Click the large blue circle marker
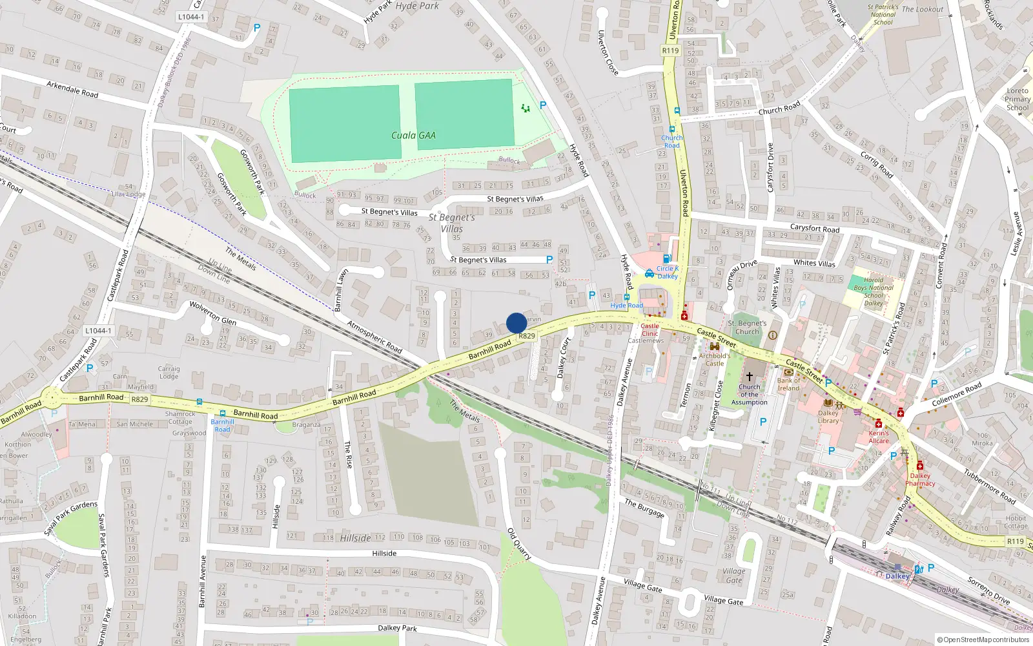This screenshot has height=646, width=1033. click(x=516, y=323)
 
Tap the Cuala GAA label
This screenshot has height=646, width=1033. click(x=413, y=136)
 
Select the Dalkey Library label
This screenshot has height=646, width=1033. click(x=828, y=417)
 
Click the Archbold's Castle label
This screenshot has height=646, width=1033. click(x=715, y=359)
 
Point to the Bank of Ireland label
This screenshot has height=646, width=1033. click(x=788, y=384)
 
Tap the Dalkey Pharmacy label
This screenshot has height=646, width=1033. click(x=920, y=479)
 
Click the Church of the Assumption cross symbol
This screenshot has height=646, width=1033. click(x=750, y=376)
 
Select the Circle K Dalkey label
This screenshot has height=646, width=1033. click(x=668, y=272)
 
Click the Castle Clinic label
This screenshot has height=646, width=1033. click(x=650, y=329)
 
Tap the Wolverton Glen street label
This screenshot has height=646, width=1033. click(x=212, y=313)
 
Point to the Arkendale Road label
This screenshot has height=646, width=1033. click(x=72, y=89)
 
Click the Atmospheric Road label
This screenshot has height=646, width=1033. click(x=374, y=337)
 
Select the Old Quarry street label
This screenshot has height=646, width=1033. click(x=519, y=544)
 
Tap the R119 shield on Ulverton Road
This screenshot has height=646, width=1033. click(x=670, y=50)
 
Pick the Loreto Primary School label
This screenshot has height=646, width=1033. click(x=1018, y=99)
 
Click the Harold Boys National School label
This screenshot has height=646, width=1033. click(x=874, y=291)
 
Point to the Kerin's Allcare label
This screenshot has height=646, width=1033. click(x=878, y=437)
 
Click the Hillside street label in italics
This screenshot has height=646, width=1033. click(x=356, y=538)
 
